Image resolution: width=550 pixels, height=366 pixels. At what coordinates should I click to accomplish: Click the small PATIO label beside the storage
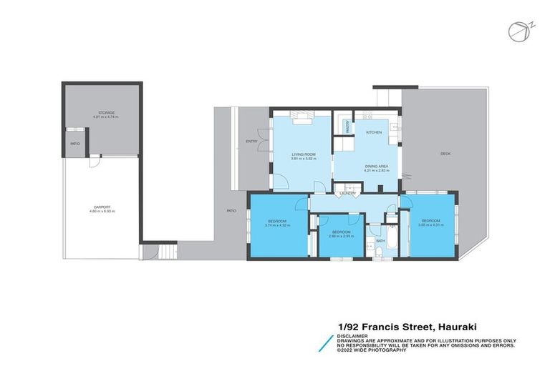point(74,144)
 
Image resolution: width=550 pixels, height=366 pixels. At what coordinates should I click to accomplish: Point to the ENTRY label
point(251,141)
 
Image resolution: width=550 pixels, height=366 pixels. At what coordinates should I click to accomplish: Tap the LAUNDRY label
point(348,194)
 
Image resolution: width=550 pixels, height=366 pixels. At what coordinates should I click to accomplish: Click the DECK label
point(445,153)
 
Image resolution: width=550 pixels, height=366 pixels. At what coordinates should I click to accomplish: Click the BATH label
point(380,242)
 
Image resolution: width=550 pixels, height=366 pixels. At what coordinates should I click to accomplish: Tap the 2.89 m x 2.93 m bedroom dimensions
point(339,236)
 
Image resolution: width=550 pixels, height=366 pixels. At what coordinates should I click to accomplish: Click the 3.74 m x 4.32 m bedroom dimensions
point(276,225)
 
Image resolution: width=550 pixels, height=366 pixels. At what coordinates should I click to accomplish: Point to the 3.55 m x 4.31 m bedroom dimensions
point(431,225)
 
